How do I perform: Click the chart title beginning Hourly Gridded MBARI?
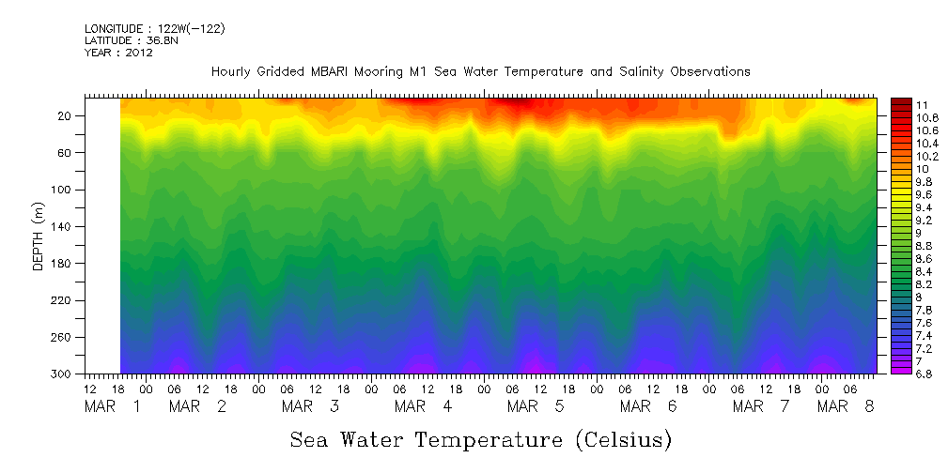(480, 71)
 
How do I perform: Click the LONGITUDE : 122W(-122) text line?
(154, 29)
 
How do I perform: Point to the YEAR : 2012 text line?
(118, 53)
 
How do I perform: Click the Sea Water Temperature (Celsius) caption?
(480, 439)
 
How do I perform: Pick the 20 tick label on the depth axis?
(66, 116)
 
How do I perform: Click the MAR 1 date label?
(113, 406)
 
